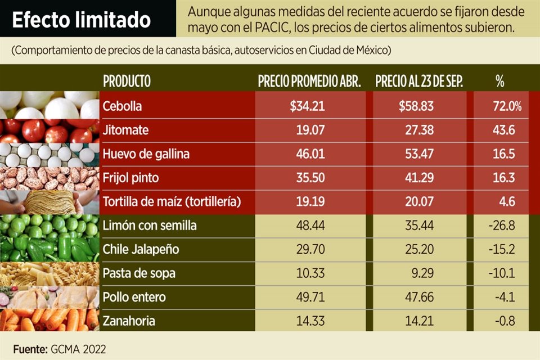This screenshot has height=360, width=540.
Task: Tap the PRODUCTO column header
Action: point(127,81)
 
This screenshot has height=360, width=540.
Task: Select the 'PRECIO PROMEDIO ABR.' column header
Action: point(309,81)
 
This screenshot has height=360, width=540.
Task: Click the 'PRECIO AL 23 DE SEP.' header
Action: point(419,81)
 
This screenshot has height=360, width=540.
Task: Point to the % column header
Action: point(499,81)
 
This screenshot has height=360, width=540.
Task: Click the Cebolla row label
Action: point(122,106)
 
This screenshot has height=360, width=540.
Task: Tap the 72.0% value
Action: point(508,106)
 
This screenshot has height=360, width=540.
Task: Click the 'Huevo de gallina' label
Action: point(146,154)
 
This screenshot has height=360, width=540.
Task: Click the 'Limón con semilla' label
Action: point(150,226)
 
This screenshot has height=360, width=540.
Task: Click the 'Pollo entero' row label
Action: point(134,297)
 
